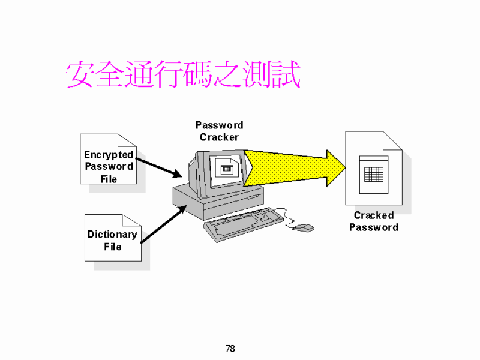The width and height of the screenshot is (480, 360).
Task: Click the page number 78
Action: click(230, 349)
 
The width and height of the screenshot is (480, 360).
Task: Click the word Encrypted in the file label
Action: click(109, 155)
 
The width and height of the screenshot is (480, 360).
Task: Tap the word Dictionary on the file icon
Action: click(112, 235)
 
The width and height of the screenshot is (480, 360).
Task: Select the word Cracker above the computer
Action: click(219, 137)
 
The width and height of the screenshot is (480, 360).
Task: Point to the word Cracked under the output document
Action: click(374, 215)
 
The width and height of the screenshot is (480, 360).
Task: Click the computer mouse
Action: click(304, 228)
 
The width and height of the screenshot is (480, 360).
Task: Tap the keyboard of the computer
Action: click(244, 224)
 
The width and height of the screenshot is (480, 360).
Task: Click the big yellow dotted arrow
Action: click(295, 168)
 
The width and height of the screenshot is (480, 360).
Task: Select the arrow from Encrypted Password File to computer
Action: click(159, 168)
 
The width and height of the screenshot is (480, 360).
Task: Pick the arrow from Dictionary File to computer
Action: click(163, 224)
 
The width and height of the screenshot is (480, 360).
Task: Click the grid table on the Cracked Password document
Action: click(374, 175)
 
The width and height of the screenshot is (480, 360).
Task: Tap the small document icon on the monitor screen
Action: click(227, 168)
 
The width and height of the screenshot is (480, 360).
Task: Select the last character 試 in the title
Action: click(286, 74)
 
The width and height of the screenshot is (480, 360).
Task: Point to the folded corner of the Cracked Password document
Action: click(392, 141)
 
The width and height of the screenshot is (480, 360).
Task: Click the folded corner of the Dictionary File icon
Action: click(131, 220)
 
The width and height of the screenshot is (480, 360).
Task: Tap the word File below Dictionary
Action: click(113, 247)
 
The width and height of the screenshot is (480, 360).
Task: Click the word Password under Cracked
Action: click(374, 227)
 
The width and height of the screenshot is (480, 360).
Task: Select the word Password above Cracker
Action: click(219, 125)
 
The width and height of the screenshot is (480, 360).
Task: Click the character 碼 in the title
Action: click(198, 74)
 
